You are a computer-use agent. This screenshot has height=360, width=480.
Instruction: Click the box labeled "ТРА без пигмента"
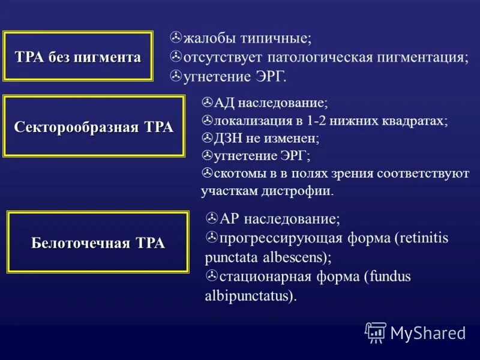[x=78, y=56]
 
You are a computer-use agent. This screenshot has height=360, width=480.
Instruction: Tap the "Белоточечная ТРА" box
[x=98, y=242]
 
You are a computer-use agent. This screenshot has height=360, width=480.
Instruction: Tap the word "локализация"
[x=251, y=121]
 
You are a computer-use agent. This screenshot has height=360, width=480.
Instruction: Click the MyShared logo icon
[x=376, y=332]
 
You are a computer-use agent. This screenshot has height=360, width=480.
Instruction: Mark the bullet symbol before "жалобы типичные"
[x=176, y=38]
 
